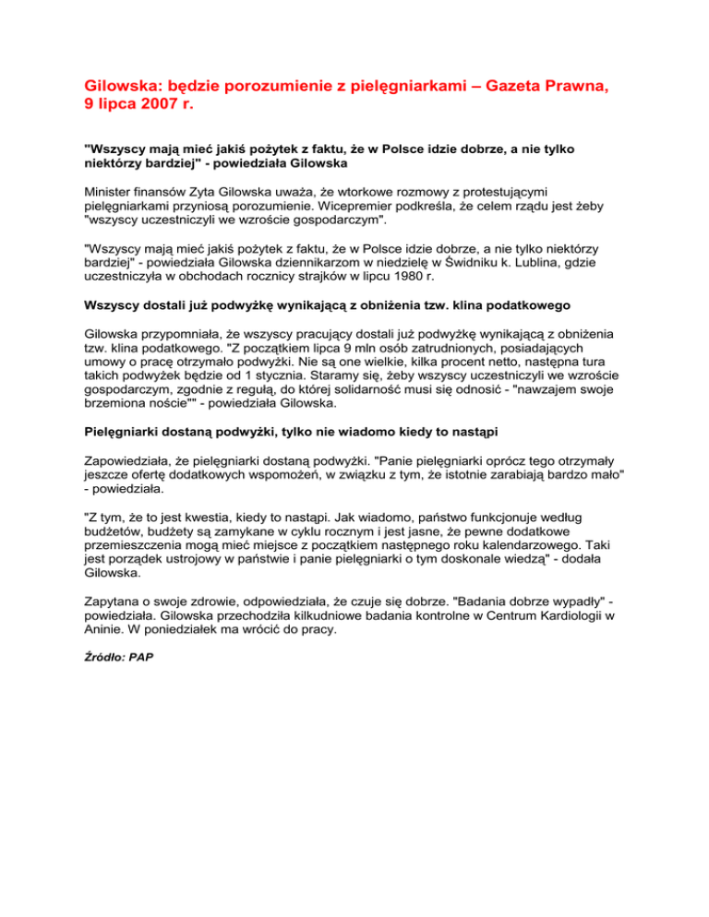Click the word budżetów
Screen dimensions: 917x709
click(x=114, y=528)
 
